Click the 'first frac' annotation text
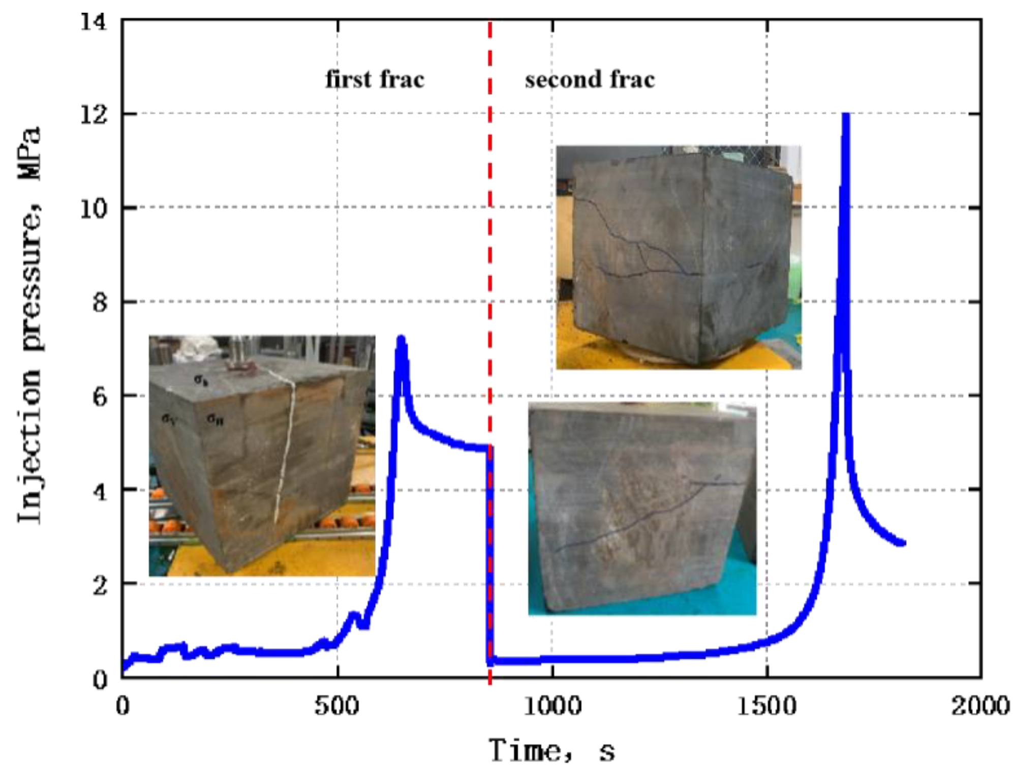click(x=375, y=80)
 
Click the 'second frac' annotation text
click(x=590, y=80)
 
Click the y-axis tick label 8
click(x=100, y=303)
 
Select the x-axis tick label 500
click(x=336, y=706)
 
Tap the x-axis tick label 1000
click(x=552, y=706)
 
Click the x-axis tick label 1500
click(x=766, y=706)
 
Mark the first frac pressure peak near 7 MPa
click(x=401, y=339)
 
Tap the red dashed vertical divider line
click(x=490, y=254)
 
